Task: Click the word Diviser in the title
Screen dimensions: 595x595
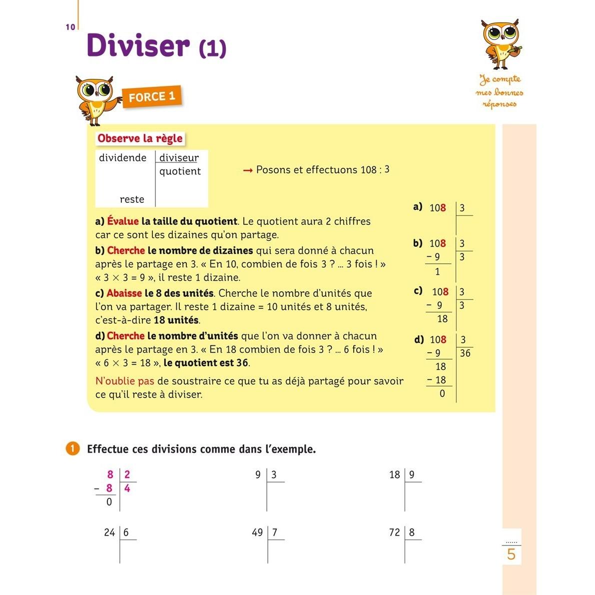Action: [x=138, y=45]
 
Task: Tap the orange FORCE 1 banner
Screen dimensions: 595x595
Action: [x=152, y=97]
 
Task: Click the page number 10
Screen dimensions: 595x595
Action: [x=70, y=27]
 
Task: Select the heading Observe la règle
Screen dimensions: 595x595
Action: [x=140, y=138]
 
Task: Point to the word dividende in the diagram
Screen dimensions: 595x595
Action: [x=123, y=158]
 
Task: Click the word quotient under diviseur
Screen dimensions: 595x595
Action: [x=180, y=171]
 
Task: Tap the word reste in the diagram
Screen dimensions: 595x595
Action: [x=132, y=199]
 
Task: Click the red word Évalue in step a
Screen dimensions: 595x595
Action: [x=123, y=221]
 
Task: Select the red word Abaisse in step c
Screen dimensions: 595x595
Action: [x=124, y=293]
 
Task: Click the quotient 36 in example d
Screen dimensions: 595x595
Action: [x=465, y=353]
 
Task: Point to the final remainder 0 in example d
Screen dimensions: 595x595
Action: [x=442, y=394]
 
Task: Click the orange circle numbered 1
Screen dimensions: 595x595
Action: [x=72, y=449]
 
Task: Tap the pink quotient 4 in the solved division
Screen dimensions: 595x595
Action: [x=127, y=488]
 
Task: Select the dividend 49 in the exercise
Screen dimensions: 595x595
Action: [x=257, y=533]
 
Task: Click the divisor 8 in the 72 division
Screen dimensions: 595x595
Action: [x=412, y=533]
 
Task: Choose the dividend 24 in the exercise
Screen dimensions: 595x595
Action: [x=109, y=533]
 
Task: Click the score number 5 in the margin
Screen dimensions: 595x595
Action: [x=511, y=555]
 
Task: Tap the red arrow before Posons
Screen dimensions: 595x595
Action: [x=248, y=170]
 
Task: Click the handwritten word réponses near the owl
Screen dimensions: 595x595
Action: [x=499, y=104]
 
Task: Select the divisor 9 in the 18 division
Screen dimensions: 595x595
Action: [x=412, y=475]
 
